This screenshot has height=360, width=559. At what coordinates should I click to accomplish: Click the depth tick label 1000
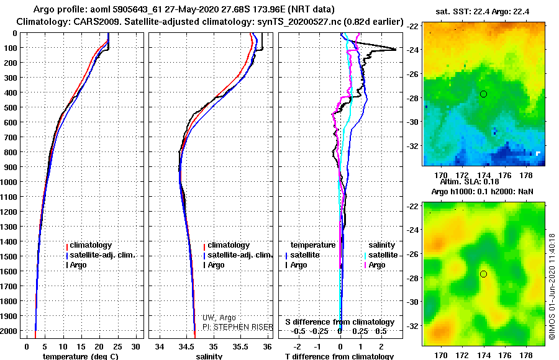11,182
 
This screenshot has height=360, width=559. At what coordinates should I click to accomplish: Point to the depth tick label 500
13,107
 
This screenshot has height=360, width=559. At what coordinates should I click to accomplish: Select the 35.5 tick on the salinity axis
240,346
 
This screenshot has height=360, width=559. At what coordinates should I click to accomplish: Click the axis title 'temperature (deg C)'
80,356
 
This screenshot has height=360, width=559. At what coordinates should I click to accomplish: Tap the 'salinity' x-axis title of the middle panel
210,356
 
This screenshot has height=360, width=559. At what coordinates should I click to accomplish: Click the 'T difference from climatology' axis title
339,356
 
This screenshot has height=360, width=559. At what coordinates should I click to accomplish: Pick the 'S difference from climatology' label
339,322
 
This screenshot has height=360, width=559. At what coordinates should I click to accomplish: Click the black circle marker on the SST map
483,94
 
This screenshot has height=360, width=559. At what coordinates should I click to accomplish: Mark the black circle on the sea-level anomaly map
483,274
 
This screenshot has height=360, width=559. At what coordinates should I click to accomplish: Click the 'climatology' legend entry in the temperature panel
91,245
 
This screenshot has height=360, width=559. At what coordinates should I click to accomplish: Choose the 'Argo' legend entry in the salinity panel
216,265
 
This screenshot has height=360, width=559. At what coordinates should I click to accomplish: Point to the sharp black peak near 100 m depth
395,49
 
